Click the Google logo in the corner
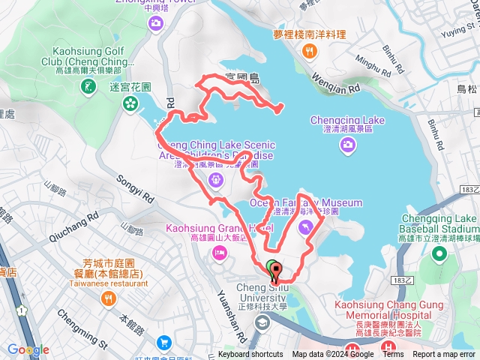pos(28,349)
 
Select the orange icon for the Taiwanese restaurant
pos(108,299)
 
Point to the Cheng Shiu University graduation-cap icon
pos(262,322)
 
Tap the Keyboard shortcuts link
pos(250,355)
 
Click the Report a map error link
pos(444,355)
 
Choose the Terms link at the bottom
pos(393,355)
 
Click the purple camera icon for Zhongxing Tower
pos(155,25)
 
